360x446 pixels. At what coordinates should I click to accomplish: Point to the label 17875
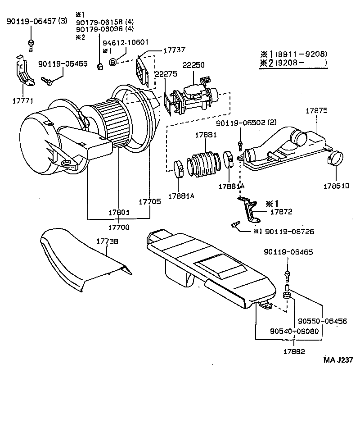(x=316, y=110)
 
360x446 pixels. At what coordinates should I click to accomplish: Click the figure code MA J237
(x=338, y=360)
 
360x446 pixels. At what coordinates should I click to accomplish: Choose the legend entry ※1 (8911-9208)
(x=293, y=54)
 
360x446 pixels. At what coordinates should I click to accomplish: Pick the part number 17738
(x=107, y=242)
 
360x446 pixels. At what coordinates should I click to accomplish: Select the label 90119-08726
(x=289, y=232)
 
